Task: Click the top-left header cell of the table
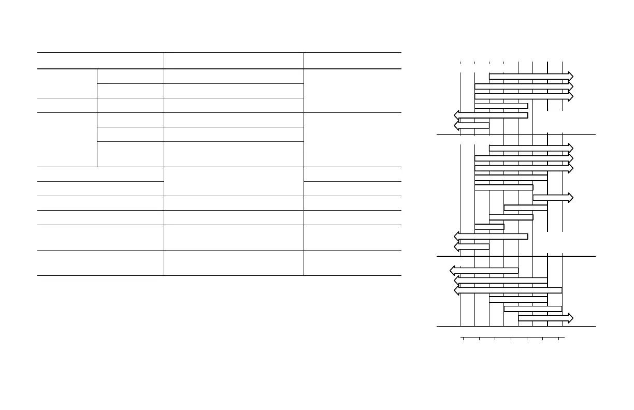100,61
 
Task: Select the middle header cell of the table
234,61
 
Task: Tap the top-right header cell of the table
352,61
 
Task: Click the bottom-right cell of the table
352,263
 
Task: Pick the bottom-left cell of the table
100,263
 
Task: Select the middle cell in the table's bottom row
234,263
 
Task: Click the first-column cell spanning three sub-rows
67,140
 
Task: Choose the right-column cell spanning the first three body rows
352,91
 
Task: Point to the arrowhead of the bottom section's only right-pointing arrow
570,317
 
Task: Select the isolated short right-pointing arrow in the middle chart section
552,197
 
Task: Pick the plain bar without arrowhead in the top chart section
501,106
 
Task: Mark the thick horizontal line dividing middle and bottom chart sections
516,256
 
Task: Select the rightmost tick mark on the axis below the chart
559,339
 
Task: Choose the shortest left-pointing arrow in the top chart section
472,125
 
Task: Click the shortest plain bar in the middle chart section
489,227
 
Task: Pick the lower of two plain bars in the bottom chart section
532,309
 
